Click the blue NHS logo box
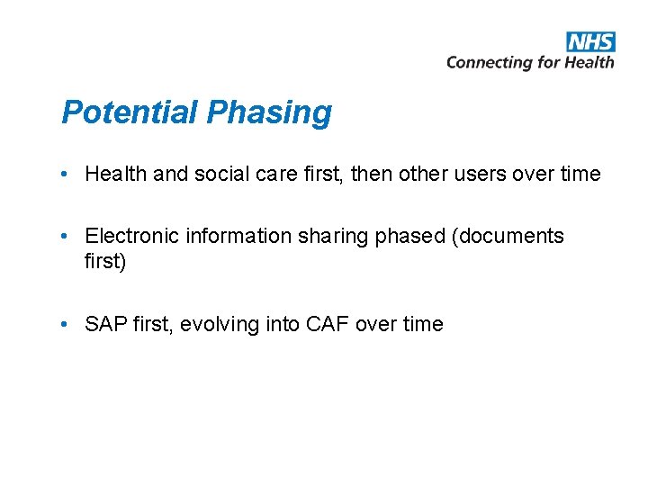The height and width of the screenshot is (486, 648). pyautogui.click(x=590, y=41)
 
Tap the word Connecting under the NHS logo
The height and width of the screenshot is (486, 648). pyautogui.click(x=490, y=62)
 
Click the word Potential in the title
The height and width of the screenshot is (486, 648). pyautogui.click(x=130, y=112)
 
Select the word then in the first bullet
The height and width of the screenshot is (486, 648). pyautogui.click(x=371, y=174)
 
